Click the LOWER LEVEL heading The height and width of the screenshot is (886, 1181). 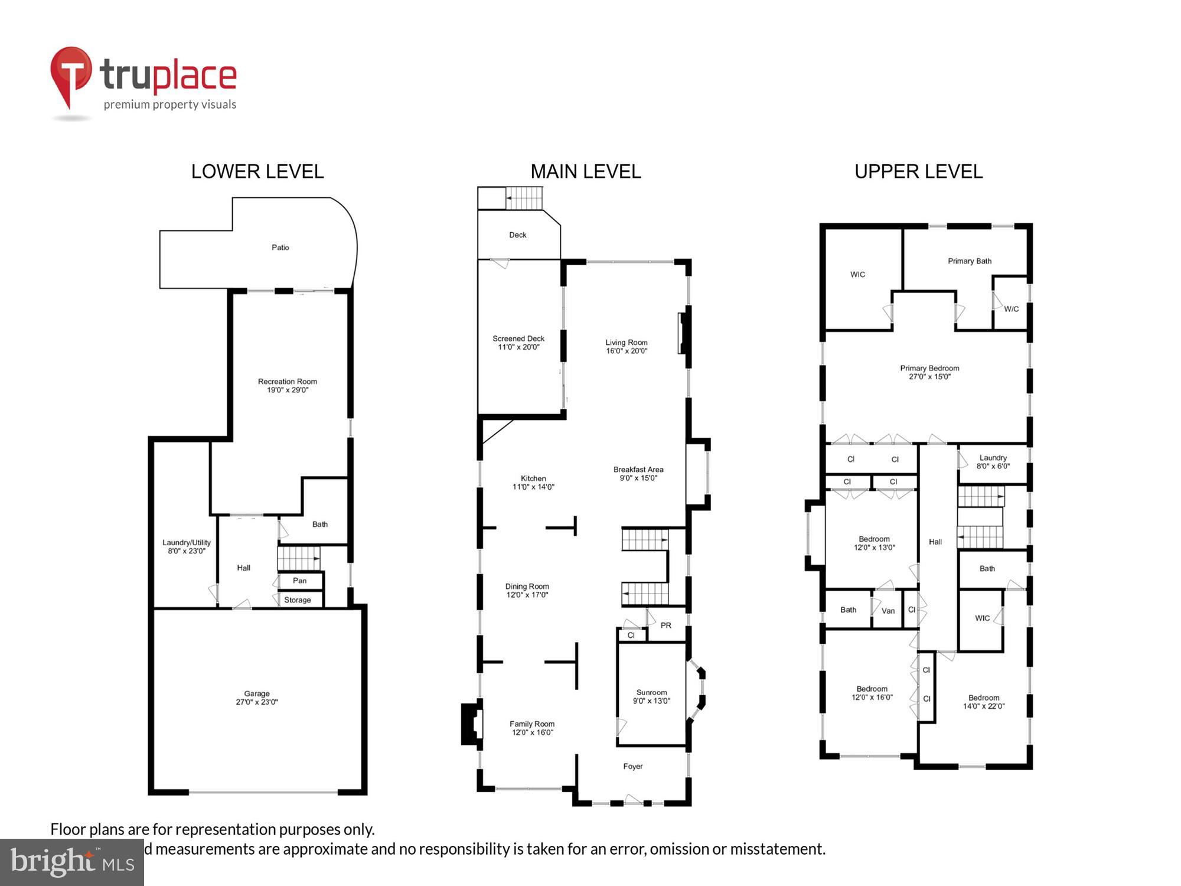coord(257,172)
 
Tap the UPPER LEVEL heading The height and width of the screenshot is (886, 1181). coord(918,172)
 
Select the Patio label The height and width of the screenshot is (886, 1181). coord(280,247)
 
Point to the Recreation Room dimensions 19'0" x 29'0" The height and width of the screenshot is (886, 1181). coord(287,390)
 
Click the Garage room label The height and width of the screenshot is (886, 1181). coord(256,693)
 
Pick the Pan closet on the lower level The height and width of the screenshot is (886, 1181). coord(300,581)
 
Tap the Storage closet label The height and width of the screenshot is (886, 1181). coord(298,600)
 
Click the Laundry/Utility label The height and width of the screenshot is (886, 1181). coord(187,543)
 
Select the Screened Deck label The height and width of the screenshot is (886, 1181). coord(518,339)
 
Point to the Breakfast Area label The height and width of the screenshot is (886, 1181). coord(638,470)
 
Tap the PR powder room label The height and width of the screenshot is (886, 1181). coord(666,626)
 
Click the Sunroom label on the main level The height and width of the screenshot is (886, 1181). coord(651,693)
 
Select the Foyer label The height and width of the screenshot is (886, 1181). coord(632,767)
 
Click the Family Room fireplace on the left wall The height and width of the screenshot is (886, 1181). coord(472,723)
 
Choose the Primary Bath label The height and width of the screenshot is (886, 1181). coord(969,261)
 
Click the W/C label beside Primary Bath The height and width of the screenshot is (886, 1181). coord(1012,309)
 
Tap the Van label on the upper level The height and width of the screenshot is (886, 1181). coord(888,611)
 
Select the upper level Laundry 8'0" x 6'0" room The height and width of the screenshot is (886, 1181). coord(993,462)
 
